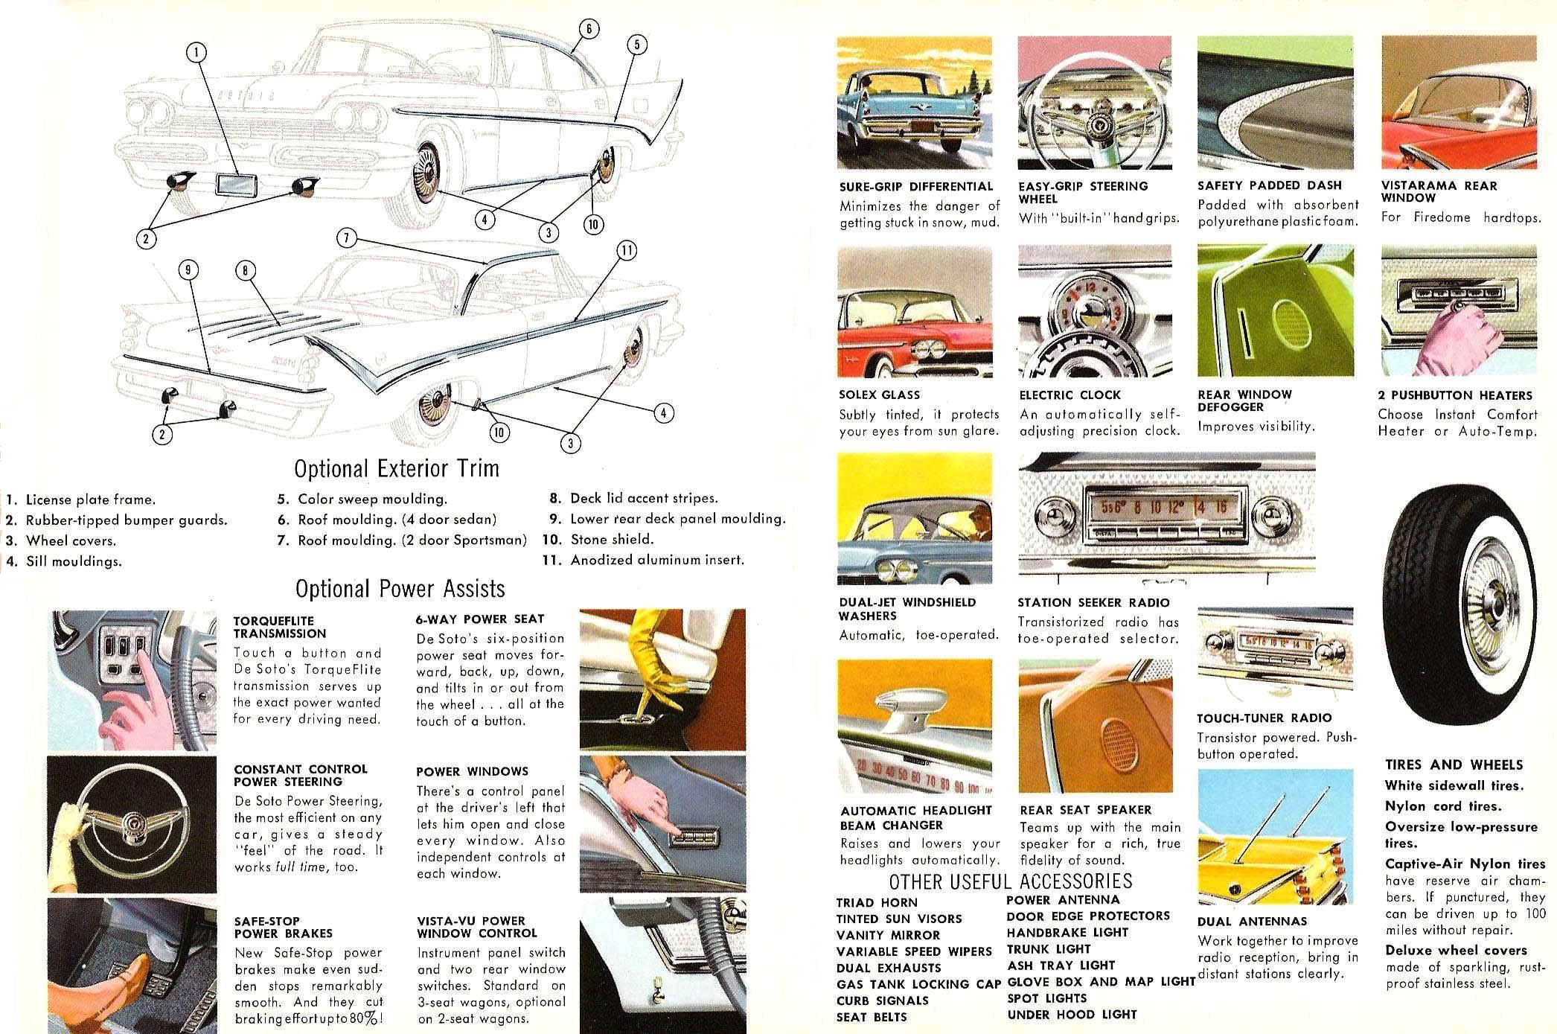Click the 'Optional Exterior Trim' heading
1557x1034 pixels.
pyautogui.click(x=396, y=469)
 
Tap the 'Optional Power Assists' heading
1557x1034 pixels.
pyautogui.click(x=400, y=589)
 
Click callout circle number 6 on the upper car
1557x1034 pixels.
pyautogui.click(x=588, y=28)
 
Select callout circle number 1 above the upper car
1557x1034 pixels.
pyautogui.click(x=196, y=51)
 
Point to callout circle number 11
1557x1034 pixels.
pyautogui.click(x=627, y=251)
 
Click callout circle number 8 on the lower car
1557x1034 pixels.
pyautogui.click(x=245, y=271)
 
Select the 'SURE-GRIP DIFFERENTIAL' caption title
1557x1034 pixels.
pyautogui.click(x=916, y=186)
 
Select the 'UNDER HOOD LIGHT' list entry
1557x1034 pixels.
pyautogui.click(x=1072, y=1015)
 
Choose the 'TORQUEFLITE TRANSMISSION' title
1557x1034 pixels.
pyautogui.click(x=280, y=627)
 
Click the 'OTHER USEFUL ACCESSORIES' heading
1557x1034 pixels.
pyautogui.click(x=1011, y=881)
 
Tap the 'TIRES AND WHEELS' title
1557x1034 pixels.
pyautogui.click(x=1454, y=765)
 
